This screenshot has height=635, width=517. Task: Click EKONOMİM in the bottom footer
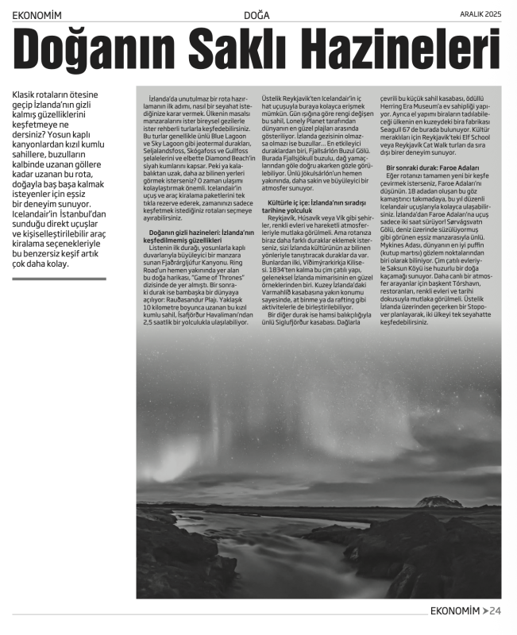454,610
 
